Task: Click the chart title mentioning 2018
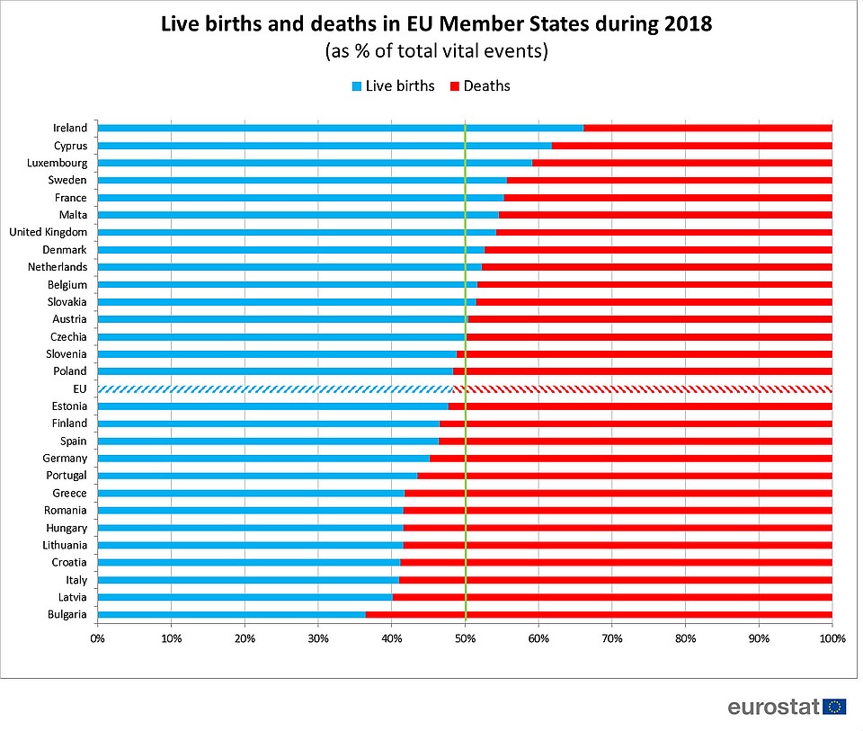point(436,24)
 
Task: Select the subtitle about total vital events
point(436,51)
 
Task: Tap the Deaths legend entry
point(479,86)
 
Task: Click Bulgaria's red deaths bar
point(598,614)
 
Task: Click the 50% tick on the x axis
point(465,638)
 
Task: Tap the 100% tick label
point(832,638)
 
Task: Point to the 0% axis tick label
point(97,638)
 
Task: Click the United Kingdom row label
point(48,232)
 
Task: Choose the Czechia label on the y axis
point(68,336)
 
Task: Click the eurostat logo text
point(773,706)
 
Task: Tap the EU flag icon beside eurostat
point(834,706)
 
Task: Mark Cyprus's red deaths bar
point(691,145)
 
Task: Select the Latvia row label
point(71,597)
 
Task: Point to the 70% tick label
point(611,638)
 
